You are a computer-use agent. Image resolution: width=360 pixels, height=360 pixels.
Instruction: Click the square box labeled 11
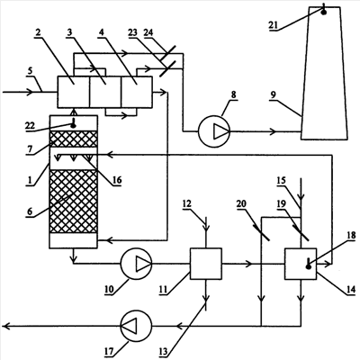coord(206,264)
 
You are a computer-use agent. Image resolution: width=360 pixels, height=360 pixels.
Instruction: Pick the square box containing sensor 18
coord(301,264)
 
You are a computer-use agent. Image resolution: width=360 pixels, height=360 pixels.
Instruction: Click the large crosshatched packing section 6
coord(74,202)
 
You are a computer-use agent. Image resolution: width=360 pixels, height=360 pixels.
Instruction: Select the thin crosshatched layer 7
coord(74,139)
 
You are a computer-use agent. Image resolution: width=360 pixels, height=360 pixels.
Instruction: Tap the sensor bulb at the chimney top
coord(324,12)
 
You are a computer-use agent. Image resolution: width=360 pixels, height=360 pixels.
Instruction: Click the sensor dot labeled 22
coord(73,125)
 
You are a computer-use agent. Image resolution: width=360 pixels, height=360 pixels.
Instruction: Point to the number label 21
coord(274,25)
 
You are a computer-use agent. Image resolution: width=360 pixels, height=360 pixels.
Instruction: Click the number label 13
coord(164,351)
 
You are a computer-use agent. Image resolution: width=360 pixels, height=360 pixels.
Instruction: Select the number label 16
coord(117,180)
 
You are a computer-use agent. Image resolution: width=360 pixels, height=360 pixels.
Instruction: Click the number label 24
coord(148,32)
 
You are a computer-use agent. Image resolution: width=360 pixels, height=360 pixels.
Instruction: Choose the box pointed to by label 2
coord(74,92)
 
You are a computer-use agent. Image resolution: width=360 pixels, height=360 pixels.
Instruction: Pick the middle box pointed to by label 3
coord(105,92)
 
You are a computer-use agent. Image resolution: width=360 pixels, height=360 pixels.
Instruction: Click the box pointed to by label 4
coord(137,92)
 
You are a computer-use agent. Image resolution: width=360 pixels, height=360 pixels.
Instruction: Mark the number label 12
coord(187,203)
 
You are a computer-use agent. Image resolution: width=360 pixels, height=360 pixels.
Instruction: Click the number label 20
coord(241,203)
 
